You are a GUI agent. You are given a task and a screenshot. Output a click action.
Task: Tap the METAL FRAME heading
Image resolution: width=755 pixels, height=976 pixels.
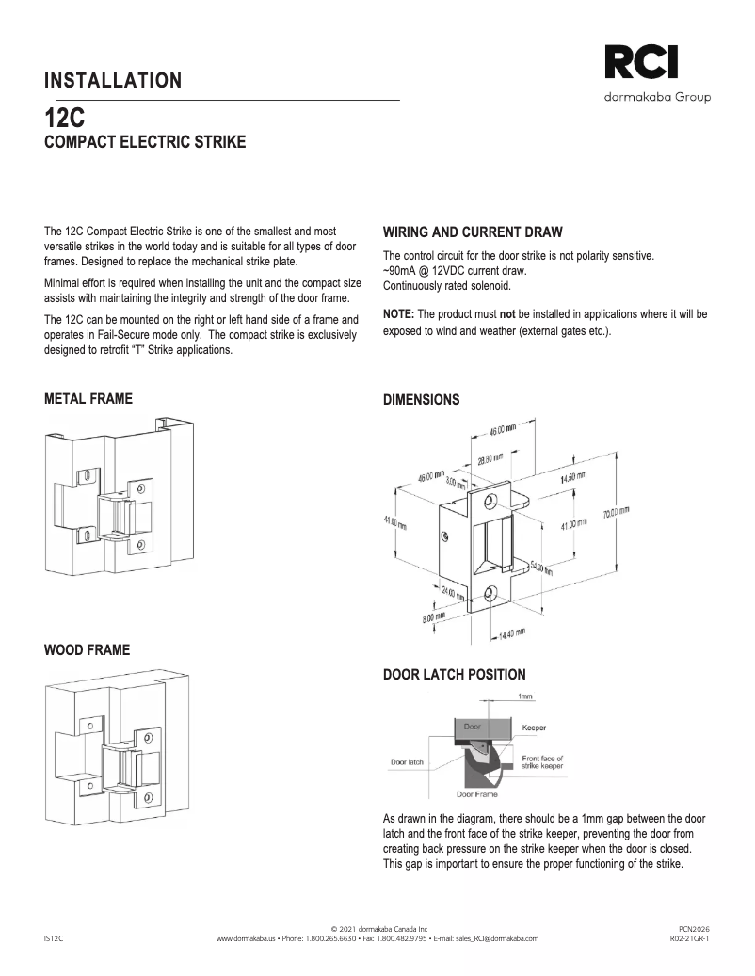tap(88, 399)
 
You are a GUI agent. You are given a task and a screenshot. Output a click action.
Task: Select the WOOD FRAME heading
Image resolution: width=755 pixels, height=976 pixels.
tap(88, 650)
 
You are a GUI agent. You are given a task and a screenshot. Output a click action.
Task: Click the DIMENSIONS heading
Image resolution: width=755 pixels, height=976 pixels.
tap(422, 400)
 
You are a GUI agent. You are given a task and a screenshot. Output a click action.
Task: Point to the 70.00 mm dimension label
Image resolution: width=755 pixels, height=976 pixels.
tap(617, 513)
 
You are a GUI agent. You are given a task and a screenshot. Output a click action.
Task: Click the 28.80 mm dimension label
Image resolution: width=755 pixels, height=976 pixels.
tap(490, 458)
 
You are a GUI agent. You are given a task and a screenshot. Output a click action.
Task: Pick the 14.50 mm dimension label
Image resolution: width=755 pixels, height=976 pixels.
tap(573, 478)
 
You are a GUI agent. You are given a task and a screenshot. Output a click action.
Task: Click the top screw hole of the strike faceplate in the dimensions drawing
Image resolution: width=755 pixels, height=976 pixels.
tap(490, 490)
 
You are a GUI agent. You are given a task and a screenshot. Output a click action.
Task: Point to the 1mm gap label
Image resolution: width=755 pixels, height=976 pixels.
tap(525, 696)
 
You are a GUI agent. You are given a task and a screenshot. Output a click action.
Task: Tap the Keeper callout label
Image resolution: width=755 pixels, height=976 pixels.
tap(534, 728)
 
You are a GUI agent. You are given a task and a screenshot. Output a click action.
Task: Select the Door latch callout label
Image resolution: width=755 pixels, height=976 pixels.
tap(407, 761)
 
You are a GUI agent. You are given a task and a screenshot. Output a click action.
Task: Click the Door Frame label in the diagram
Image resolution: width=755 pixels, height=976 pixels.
tap(477, 794)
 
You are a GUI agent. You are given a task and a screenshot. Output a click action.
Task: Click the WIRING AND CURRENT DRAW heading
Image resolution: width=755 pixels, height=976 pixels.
tap(473, 232)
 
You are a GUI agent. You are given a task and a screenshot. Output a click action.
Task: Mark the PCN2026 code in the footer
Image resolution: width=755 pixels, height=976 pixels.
tap(692, 928)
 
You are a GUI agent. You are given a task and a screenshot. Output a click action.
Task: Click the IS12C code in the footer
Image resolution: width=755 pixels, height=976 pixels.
tap(54, 938)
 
